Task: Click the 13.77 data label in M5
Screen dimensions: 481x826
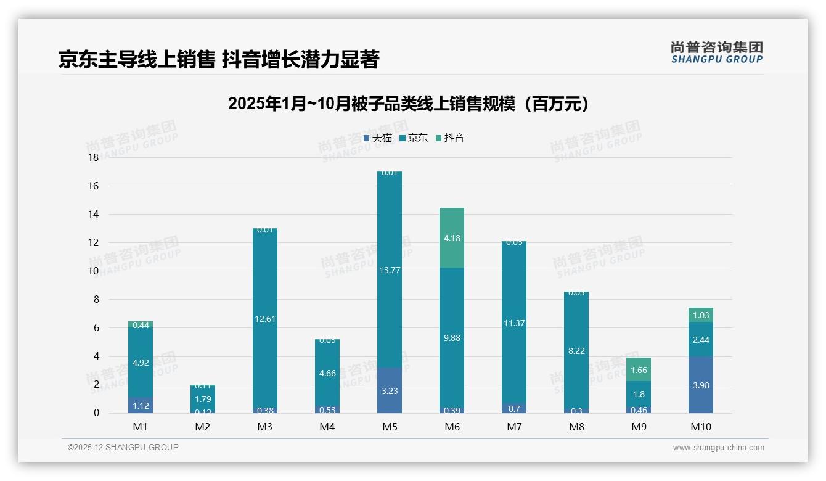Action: click(x=390, y=270)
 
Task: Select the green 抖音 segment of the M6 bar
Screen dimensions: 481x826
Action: click(x=452, y=238)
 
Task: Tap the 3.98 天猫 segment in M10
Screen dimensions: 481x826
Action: click(x=701, y=385)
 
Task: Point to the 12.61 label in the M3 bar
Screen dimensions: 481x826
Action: click(x=265, y=319)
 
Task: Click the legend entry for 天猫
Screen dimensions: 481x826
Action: click(x=377, y=138)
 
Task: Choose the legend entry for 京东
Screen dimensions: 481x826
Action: click(x=414, y=138)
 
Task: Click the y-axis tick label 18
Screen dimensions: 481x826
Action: click(x=93, y=158)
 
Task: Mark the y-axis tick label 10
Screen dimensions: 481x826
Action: click(x=93, y=271)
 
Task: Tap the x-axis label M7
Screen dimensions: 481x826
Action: click(x=514, y=427)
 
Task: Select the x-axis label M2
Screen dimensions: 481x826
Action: click(x=203, y=427)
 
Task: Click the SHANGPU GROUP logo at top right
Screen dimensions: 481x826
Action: click(x=716, y=52)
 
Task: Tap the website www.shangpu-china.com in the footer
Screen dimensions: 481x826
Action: click(x=718, y=448)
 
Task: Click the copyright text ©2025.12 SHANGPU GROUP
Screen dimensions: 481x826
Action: click(x=123, y=448)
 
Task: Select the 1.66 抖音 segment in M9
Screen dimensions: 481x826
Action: click(x=639, y=370)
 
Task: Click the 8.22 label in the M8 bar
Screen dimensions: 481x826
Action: click(x=576, y=351)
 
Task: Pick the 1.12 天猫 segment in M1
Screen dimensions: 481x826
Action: click(x=141, y=405)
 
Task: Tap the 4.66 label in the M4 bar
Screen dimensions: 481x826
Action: click(x=327, y=373)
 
